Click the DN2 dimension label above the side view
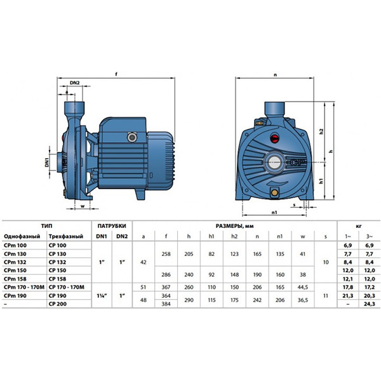[x=75, y=83]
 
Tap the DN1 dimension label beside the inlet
[x=47, y=162]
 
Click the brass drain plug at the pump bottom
[x=274, y=193]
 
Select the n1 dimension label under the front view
[x=274, y=212]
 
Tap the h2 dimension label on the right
[x=321, y=131]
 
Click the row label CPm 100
[x=15, y=245]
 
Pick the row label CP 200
[x=57, y=304]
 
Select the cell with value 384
[x=166, y=304]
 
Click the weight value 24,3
[x=370, y=304]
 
